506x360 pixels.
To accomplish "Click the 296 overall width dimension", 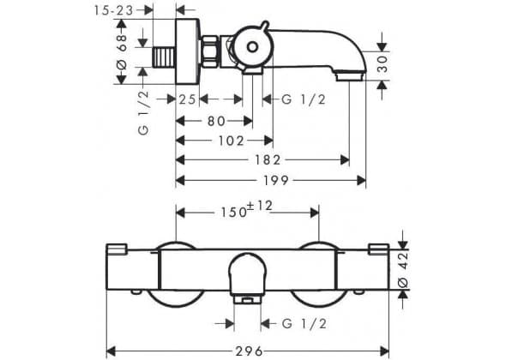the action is tap(249, 351).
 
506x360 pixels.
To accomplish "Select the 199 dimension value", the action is tap(276, 181).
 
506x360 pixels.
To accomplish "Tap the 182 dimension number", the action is tap(268, 160).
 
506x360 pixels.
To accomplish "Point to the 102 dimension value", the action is tap(232, 141).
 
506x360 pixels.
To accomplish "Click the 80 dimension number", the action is tap(216, 122).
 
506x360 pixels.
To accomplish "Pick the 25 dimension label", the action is tap(188, 99).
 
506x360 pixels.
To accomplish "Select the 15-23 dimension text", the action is tap(113, 10).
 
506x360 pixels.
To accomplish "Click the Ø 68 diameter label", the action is tap(122, 51).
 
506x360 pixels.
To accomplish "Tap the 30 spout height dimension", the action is tap(383, 64).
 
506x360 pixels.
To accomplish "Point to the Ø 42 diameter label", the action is tap(403, 270).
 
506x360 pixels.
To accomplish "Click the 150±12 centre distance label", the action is tap(246, 210).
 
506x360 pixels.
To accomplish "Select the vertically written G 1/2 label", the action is tap(143, 112).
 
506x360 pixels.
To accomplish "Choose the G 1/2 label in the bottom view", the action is tap(304, 323).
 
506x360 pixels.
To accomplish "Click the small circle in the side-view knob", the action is tap(252, 47).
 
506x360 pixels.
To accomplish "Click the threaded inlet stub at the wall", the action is tap(164, 57).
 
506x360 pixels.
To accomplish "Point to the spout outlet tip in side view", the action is tap(350, 77).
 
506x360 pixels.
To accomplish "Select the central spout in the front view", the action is tap(247, 278).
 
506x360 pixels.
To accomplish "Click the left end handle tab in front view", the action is tap(117, 249).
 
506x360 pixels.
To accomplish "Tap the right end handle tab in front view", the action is tap(378, 249).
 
